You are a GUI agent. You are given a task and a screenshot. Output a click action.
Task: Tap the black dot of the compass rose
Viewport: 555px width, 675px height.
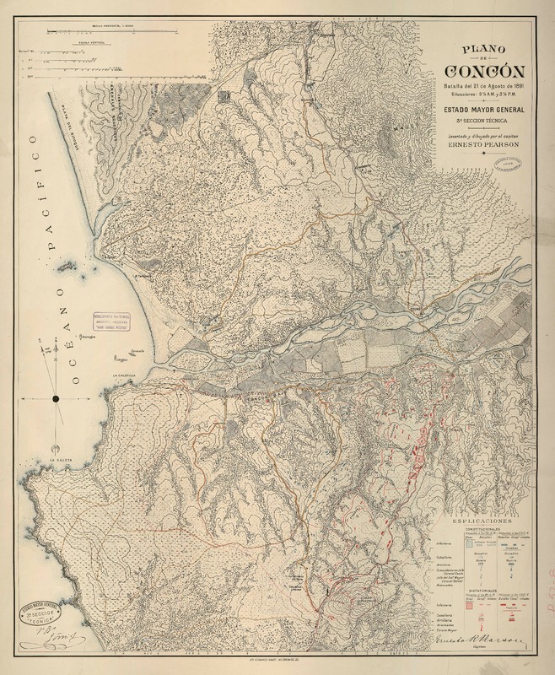pos(56,397)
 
